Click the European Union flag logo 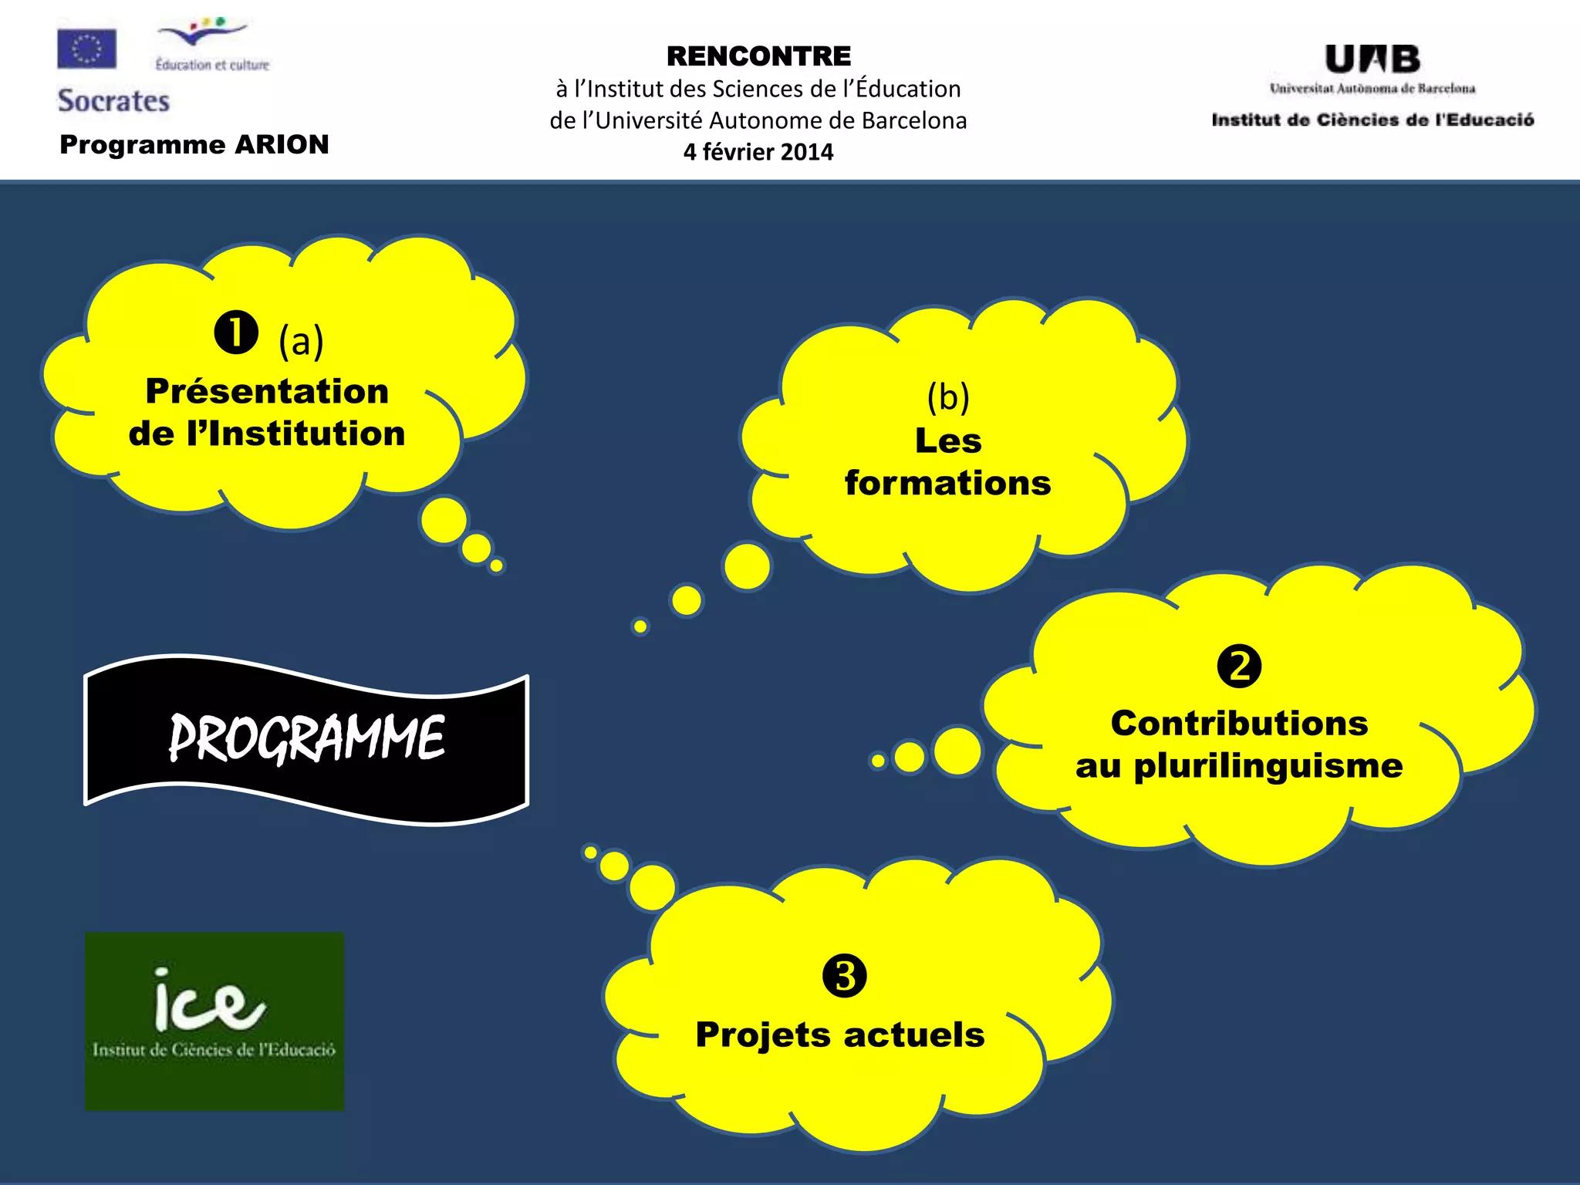86,49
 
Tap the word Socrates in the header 113,101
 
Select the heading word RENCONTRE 758,56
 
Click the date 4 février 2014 758,152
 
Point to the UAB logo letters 1372,59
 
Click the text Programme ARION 194,144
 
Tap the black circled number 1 235,333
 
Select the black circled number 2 1239,666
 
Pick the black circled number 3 844,976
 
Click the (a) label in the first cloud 301,341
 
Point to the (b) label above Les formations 948,397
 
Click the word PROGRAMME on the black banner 306,738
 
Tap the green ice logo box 214,1021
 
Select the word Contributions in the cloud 1239,724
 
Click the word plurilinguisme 1268,767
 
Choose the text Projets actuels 840,1035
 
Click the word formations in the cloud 947,484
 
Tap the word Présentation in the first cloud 267,391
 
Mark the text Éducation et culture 212,65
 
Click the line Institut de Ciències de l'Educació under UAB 1372,120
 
